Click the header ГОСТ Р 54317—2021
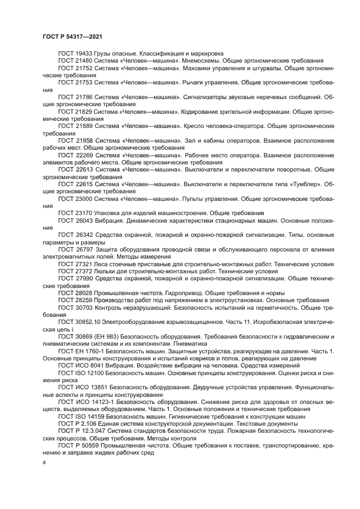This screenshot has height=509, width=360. [x=72, y=36]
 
